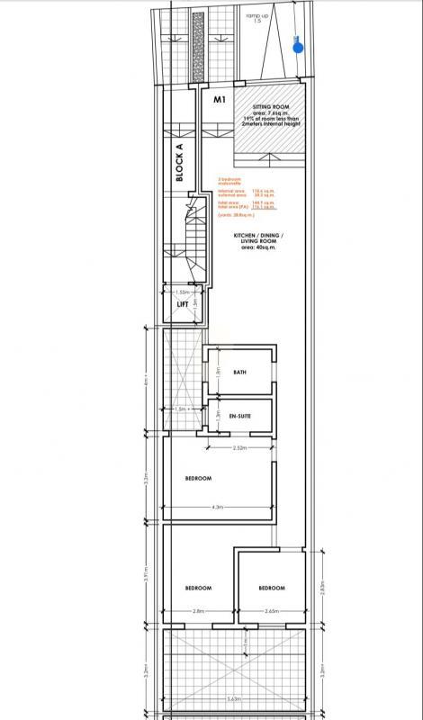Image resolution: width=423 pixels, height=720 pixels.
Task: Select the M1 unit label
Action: coord(218,99)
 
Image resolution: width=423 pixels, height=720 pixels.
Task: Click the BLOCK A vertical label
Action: coord(179,164)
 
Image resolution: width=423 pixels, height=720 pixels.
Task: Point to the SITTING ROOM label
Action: coord(270,105)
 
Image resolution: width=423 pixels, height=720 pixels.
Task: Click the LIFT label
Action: coord(183,304)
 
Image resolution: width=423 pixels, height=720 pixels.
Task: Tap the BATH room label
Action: coord(239,372)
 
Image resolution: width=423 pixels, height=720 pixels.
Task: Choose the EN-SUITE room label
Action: coord(239,416)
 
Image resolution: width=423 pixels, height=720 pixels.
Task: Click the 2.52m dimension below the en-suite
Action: coord(239,447)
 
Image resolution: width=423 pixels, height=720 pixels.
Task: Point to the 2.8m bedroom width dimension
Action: coord(197,611)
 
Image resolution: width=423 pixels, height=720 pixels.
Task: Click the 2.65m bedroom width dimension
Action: coord(271,611)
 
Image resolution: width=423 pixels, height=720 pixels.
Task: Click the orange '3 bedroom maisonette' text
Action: coord(232,181)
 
